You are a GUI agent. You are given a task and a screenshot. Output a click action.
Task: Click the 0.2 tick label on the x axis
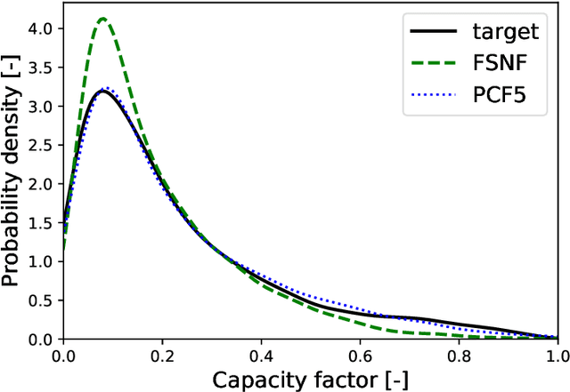pos(162,355)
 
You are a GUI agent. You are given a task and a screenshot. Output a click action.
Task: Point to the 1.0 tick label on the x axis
pos(552,355)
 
